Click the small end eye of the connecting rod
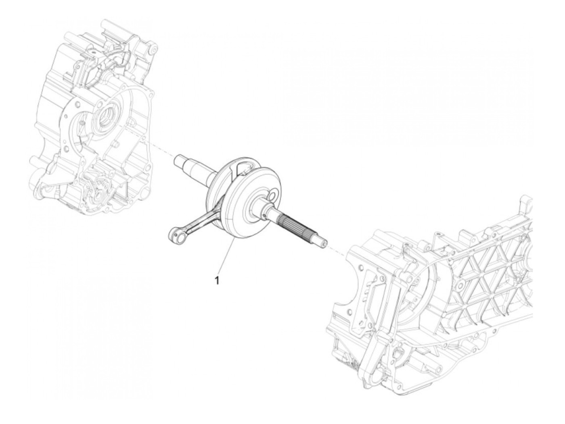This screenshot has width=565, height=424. (174, 233)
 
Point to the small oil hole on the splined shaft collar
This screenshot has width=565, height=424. (264, 218)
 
